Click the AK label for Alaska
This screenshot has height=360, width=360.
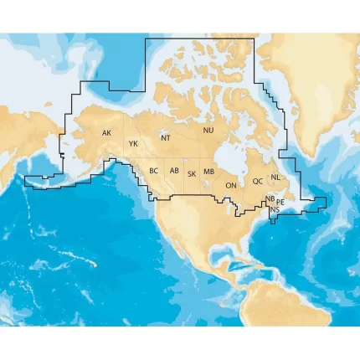point(106,133)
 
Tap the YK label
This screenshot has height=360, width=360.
point(133,144)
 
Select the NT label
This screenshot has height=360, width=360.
point(166,138)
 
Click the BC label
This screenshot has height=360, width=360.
point(153,171)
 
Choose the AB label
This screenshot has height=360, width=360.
point(174,171)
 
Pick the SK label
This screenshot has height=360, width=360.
point(192,174)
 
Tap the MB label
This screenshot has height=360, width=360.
point(209,172)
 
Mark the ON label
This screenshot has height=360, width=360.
point(231,185)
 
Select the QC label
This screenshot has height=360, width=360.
point(258,181)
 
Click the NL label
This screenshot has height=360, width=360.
point(276,177)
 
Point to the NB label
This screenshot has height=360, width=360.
point(269,199)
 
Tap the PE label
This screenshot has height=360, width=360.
point(280,202)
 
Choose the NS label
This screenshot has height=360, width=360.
point(275,208)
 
